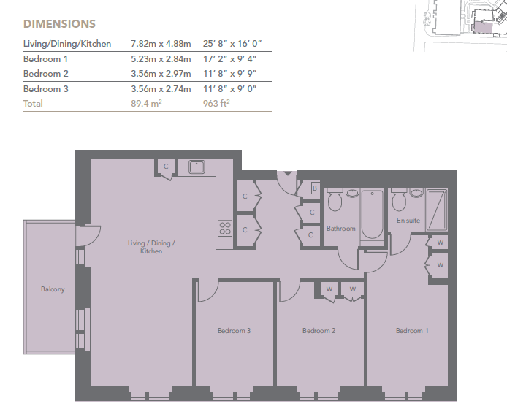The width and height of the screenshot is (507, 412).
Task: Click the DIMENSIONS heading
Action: (x=59, y=24)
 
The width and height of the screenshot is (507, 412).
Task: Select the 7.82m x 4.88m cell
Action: (x=161, y=44)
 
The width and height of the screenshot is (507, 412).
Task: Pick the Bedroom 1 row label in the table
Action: (x=45, y=59)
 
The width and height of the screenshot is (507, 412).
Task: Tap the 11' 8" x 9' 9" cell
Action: (x=229, y=74)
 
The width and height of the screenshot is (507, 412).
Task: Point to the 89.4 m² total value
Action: (x=146, y=104)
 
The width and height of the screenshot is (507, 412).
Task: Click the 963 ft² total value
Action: (x=216, y=104)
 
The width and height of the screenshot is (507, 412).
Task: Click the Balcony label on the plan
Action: (x=53, y=289)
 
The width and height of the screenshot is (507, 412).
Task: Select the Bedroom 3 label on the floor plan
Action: (x=234, y=330)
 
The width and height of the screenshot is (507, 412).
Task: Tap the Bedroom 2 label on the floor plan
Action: (x=319, y=330)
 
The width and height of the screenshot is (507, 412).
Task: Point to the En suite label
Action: (x=408, y=220)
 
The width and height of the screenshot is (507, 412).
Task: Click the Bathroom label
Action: (x=341, y=229)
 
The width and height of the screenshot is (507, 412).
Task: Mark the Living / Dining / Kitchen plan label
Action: (x=151, y=247)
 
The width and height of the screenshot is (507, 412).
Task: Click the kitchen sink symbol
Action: (x=197, y=167)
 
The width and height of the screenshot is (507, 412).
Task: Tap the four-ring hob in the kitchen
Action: (x=225, y=228)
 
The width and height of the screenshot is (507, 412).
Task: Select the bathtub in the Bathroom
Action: (x=372, y=215)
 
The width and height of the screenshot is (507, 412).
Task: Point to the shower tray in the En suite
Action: (x=437, y=210)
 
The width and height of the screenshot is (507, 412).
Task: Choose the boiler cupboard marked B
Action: (x=315, y=188)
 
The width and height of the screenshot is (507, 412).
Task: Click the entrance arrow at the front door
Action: (x=288, y=174)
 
